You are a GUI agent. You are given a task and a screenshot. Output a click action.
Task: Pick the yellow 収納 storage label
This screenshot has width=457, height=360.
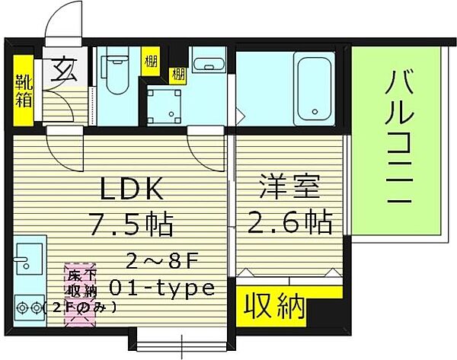click(x=275, y=307)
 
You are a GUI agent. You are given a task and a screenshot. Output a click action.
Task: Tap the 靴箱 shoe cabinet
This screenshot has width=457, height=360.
click(x=24, y=90)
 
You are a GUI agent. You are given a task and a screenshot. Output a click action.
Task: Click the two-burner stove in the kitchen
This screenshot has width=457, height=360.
click(x=27, y=308)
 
